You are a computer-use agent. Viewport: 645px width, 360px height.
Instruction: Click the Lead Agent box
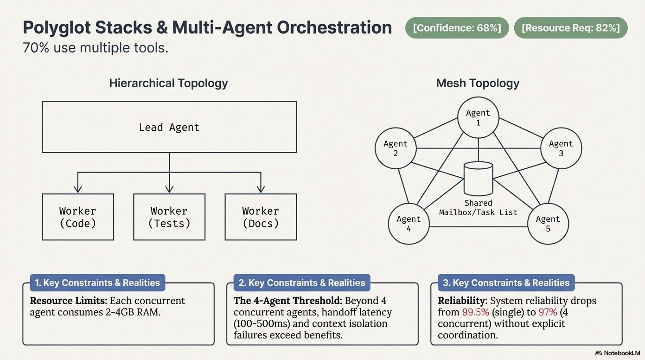169,127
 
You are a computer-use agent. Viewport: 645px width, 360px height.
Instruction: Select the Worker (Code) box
78,217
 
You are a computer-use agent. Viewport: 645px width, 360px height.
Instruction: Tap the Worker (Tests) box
169,217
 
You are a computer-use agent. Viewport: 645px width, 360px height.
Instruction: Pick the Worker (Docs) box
261,217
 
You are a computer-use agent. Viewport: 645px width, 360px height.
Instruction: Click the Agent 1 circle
478,118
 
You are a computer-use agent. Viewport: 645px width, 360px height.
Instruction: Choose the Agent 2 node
396,148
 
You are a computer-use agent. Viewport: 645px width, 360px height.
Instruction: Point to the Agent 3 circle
561,148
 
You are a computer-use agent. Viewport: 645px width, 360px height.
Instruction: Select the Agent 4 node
409,224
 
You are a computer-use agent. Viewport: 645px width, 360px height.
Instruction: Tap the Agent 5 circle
548,224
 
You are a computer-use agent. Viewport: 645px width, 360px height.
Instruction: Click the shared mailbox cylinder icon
478,179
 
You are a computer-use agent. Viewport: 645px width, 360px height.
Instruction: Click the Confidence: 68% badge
457,28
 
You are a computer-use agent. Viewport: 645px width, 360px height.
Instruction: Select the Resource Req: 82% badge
571,28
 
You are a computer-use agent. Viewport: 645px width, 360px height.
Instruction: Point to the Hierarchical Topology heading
168,83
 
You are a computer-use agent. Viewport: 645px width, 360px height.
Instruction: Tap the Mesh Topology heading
478,83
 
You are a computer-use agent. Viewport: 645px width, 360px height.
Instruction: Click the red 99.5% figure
475,312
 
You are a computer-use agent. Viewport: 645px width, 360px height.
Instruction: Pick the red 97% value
548,312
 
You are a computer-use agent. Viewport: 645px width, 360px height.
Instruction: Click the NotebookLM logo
617,353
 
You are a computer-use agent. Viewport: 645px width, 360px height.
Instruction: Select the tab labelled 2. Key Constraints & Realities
302,283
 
